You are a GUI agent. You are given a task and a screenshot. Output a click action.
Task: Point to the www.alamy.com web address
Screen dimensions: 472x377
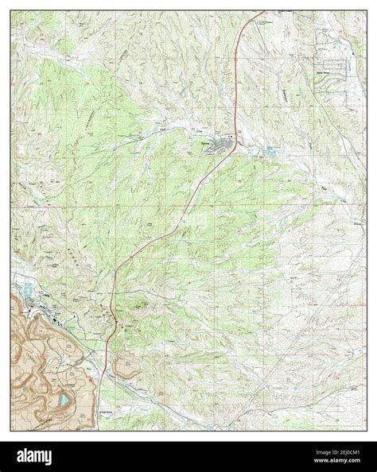[334, 462]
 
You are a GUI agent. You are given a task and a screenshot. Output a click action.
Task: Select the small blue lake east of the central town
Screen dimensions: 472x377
[273, 149]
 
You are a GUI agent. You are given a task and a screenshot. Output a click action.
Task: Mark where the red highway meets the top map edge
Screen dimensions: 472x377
[259, 14]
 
